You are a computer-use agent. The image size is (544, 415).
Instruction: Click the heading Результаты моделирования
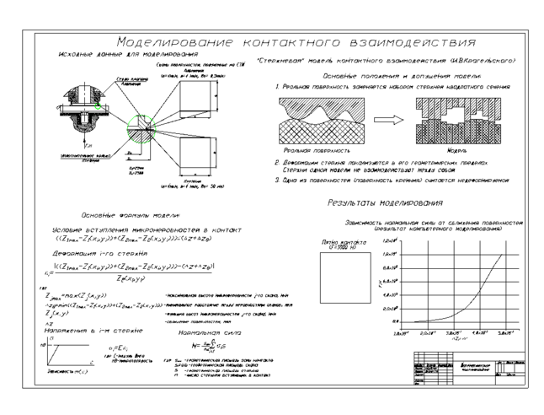(385, 202)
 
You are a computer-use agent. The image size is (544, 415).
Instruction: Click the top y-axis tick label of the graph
(389, 240)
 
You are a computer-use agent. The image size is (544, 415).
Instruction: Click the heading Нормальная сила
(198, 334)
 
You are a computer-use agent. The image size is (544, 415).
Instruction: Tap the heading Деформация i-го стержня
(88, 252)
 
